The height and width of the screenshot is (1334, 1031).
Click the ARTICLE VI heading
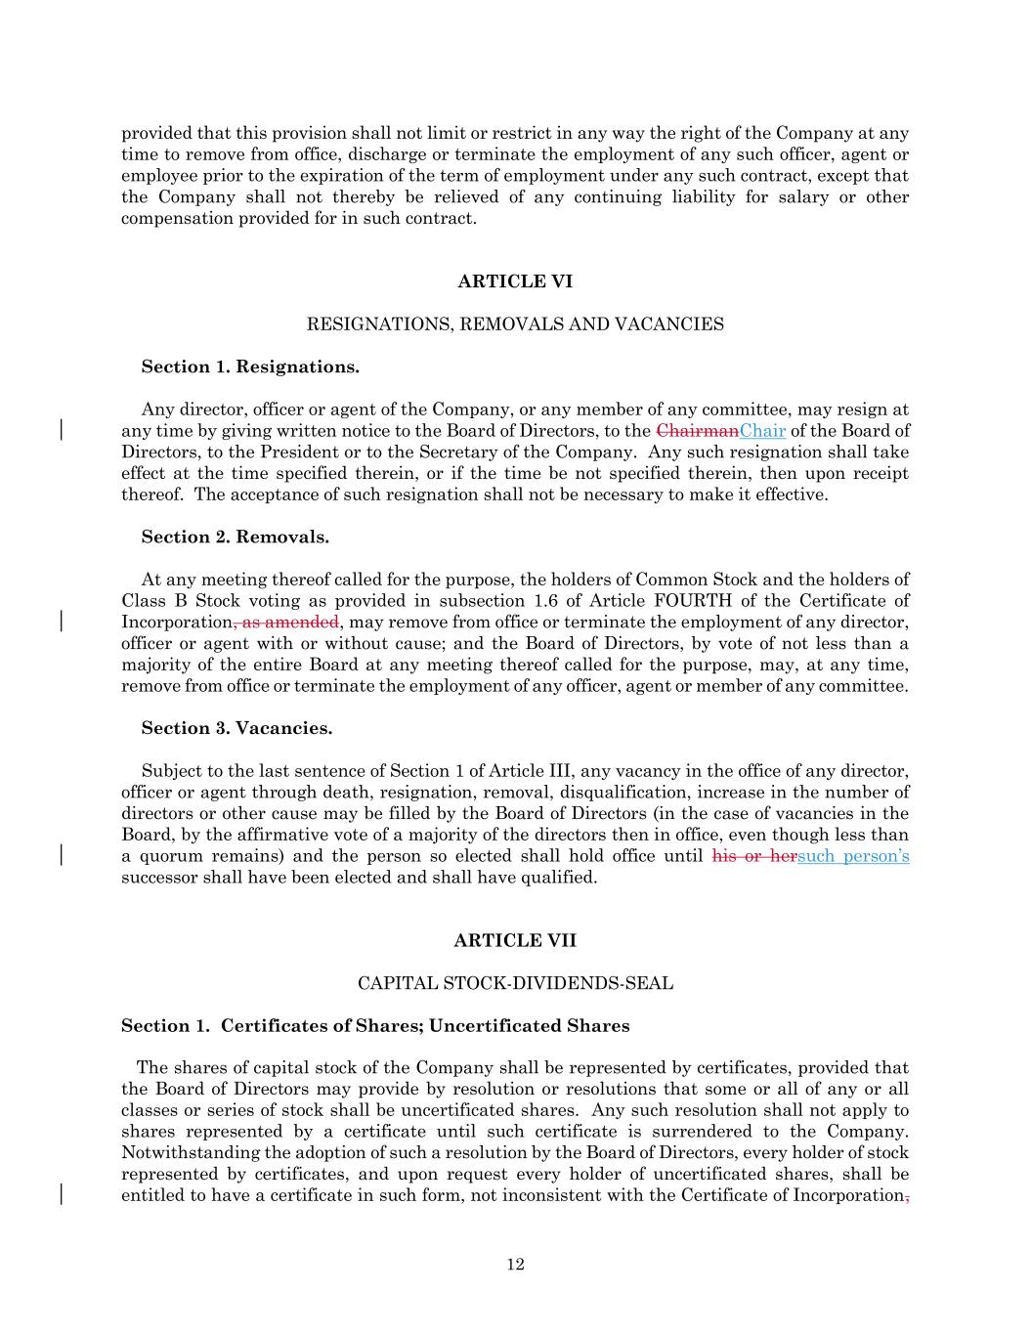(x=515, y=281)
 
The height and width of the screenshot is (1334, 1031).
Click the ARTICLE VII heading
(x=515, y=940)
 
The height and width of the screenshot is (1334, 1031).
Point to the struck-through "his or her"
(x=754, y=856)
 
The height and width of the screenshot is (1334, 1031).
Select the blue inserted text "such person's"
(x=853, y=856)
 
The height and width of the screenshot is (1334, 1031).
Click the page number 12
(x=515, y=1265)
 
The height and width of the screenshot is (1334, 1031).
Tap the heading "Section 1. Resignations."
(x=250, y=366)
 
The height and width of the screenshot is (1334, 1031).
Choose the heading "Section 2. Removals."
(x=235, y=537)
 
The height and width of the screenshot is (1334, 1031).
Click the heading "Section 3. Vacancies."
(x=236, y=728)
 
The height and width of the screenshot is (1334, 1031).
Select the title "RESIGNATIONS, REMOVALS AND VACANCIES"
(x=515, y=323)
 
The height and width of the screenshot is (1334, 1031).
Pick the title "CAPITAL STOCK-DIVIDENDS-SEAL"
(x=515, y=982)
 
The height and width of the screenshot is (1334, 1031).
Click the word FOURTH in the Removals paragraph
(x=693, y=601)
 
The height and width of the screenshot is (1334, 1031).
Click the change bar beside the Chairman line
(x=63, y=430)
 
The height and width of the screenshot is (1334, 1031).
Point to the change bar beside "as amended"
(x=63, y=622)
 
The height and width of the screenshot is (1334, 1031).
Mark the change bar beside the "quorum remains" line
(x=63, y=855)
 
